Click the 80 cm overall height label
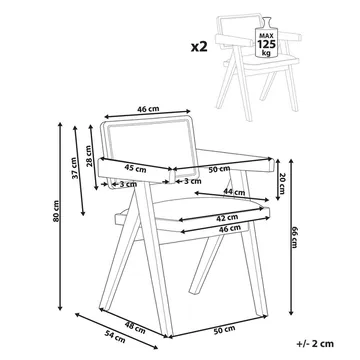(x=56, y=211)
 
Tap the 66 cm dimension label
(x=294, y=237)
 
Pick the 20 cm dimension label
(x=281, y=184)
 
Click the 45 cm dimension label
(x=135, y=169)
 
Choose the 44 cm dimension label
(x=234, y=192)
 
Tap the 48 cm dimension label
(x=135, y=328)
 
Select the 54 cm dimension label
(x=115, y=336)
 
